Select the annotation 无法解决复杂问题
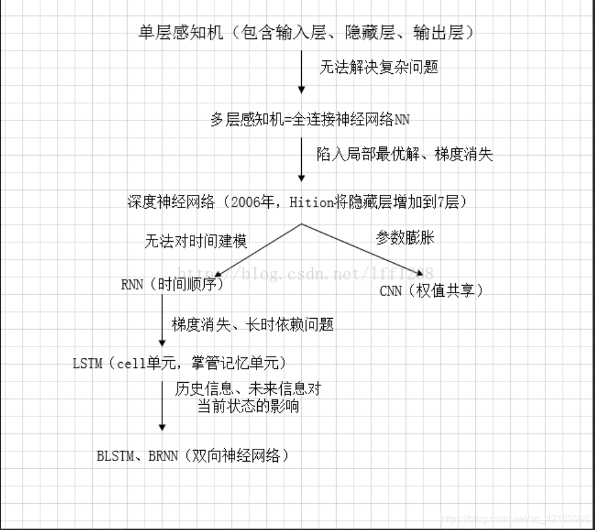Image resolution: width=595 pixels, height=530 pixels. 379,67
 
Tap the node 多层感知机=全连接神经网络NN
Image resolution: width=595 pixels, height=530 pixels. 310,120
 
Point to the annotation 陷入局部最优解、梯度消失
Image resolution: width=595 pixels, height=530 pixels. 404,154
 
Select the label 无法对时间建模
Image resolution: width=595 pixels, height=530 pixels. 195,241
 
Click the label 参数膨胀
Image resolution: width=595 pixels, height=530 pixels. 405,238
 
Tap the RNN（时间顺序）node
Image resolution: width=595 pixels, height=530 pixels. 173,285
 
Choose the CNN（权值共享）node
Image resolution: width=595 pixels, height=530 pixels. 431,291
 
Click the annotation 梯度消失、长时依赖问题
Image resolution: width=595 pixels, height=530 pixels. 252,325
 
